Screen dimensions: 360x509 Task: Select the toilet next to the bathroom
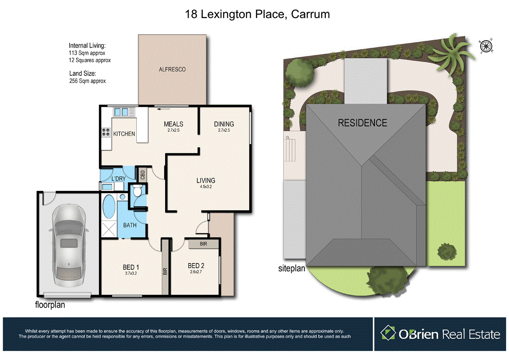tap(138, 192)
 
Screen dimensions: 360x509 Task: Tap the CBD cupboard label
tap(142, 174)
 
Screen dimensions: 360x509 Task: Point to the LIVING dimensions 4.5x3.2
tap(205, 187)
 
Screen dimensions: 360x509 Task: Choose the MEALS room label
tap(173, 124)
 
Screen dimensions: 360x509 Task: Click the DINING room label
tap(224, 124)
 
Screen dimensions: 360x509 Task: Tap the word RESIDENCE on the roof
tap(362, 122)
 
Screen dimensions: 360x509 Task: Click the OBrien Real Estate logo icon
tap(387, 333)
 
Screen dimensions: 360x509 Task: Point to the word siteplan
tap(292, 269)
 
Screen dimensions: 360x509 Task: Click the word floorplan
tap(50, 305)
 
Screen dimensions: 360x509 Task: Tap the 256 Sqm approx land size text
tap(87, 81)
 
